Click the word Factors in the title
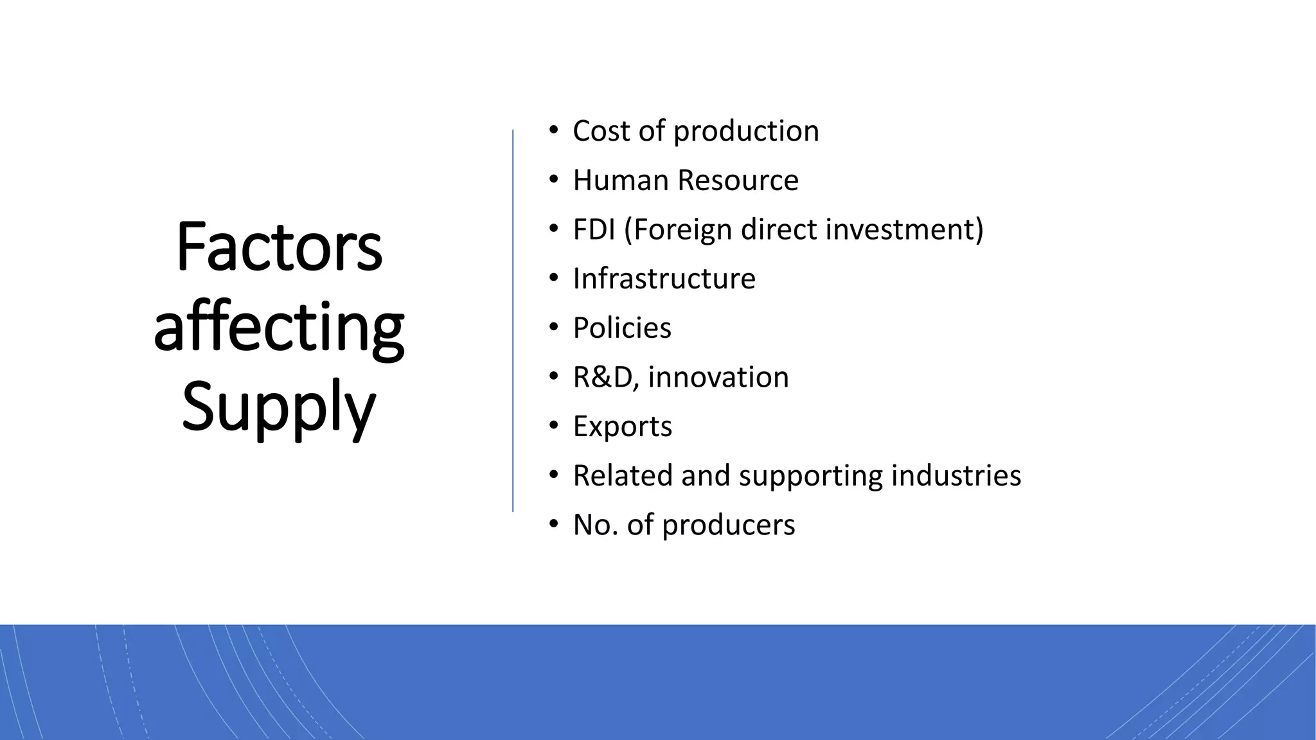pos(279,247)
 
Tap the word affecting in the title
pos(279,328)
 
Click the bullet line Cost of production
pos(696,131)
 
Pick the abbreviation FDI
pos(594,230)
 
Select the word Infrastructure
pos(664,279)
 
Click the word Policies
pos(622,328)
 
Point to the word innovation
pos(718,378)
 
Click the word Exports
pos(622,427)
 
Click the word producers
pos(729,525)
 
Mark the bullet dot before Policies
pos(554,328)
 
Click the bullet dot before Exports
pos(554,426)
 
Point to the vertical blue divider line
pos(513,321)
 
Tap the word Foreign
pos(684,230)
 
